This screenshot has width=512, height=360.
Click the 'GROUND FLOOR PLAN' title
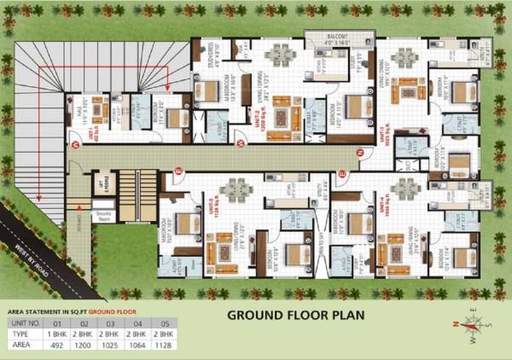(295, 315)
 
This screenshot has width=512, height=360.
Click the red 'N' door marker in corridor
(360, 153)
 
